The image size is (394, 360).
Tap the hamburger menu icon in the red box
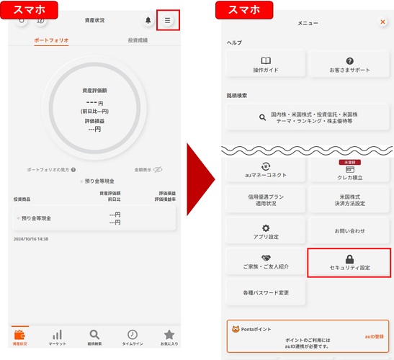167,21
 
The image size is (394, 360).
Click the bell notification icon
148,21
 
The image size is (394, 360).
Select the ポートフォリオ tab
52,40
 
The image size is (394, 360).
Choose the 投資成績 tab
138,40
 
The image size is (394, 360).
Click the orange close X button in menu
382,22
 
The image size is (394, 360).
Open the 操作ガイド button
266,65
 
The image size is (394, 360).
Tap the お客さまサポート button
349,65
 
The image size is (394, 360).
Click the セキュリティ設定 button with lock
349,263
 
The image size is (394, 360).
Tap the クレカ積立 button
349,171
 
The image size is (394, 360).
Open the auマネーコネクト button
266,171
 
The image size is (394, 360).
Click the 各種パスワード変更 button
266,292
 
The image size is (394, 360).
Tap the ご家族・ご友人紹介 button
266,262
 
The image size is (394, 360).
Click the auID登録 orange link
374,336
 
